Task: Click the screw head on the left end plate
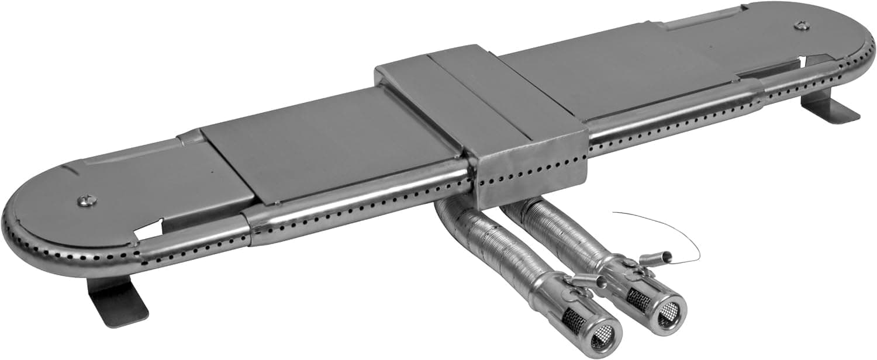click(85, 200)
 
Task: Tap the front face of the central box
click(529, 173)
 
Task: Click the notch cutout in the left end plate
click(150, 230)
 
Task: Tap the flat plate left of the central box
click(327, 146)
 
